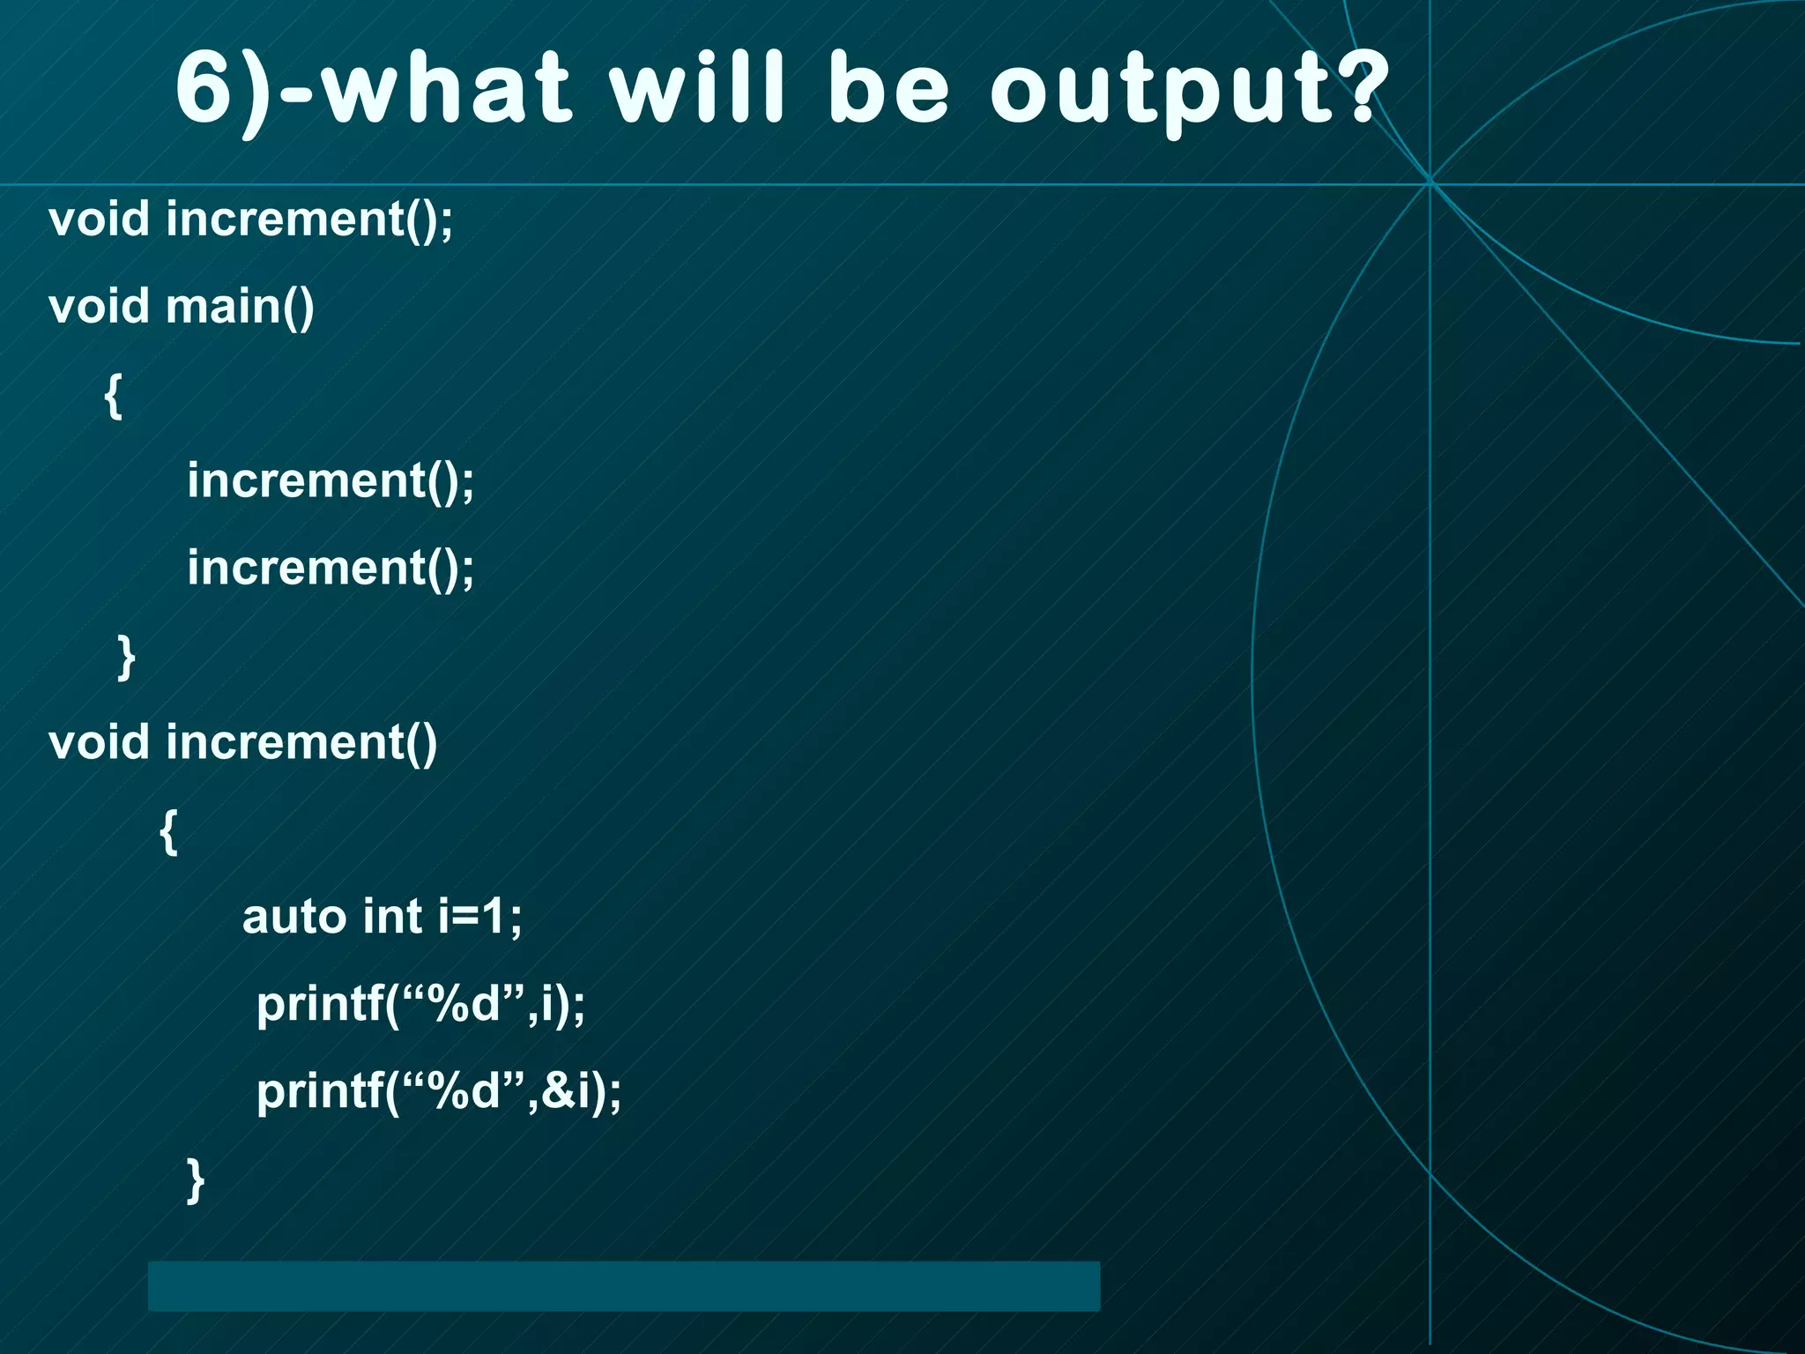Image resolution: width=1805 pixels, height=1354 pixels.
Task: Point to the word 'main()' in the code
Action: [x=240, y=307]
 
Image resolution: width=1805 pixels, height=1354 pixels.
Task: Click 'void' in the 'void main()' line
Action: [x=99, y=307]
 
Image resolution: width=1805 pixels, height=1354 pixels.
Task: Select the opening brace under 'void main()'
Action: [x=113, y=396]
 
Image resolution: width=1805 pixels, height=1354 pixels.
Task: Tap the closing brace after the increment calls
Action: [x=126, y=657]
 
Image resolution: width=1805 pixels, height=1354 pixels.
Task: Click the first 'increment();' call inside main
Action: [x=331, y=481]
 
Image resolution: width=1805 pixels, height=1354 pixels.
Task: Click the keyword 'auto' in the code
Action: [x=294, y=917]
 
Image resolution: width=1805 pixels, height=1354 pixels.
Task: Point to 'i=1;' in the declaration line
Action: [x=480, y=917]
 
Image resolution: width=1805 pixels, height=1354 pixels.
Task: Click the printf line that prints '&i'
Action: [x=439, y=1092]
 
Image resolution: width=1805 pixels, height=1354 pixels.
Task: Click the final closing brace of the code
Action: [x=196, y=1180]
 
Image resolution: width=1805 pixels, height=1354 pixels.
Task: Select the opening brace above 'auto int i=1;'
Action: [x=168, y=831]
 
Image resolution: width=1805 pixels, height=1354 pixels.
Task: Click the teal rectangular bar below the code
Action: [x=624, y=1285]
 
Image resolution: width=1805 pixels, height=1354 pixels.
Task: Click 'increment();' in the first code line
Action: [x=309, y=219]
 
